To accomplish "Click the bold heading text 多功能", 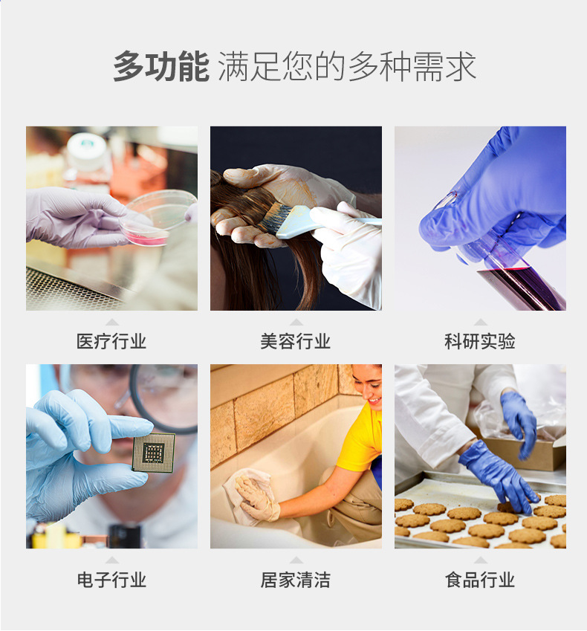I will pos(160,68).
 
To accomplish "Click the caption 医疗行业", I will pos(111,342).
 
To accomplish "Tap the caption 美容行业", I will pos(296,342).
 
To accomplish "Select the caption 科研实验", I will pos(480,342).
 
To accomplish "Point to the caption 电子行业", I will pos(111,580).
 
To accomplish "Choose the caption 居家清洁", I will pos(296,580).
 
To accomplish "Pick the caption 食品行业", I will pos(480,580).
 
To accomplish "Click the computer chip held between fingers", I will pos(154,453).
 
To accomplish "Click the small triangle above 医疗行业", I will pos(111,323).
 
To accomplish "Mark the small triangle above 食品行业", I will pos(480,560).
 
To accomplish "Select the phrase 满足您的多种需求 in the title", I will pos(346,68).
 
